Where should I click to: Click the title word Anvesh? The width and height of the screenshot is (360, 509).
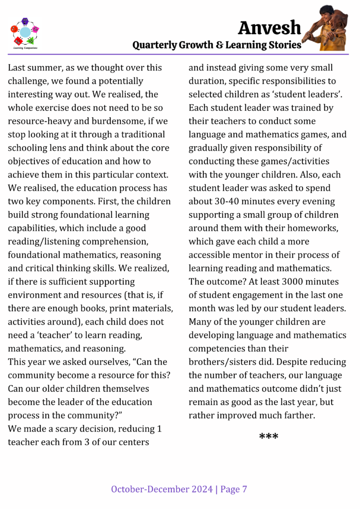coord(269,27)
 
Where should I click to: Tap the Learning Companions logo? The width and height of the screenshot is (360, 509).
coord(25,33)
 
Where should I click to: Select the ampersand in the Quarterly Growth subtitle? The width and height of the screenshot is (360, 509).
coord(219,45)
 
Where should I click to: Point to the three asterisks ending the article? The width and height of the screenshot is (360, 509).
coord(269,437)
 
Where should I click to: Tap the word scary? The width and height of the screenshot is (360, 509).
coord(73,428)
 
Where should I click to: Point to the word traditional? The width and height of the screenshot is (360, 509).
coord(140,135)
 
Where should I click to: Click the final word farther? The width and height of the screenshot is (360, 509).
coord(298,415)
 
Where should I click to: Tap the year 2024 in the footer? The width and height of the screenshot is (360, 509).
coord(200,490)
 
